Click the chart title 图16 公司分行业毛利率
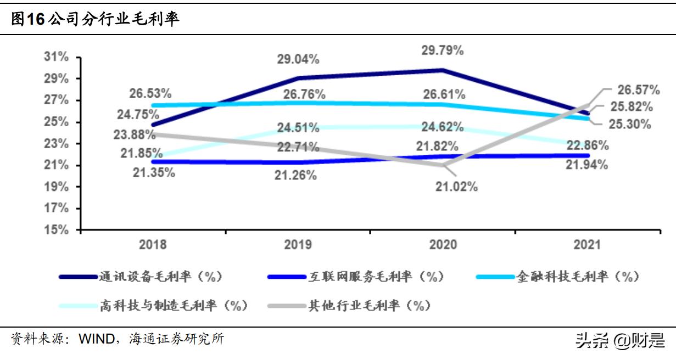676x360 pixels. point(96,20)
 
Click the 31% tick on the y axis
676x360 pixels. point(57,57)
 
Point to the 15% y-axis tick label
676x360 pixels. point(57,230)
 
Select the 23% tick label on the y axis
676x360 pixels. point(57,144)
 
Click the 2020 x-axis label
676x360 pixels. point(443,244)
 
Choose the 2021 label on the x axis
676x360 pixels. point(588,244)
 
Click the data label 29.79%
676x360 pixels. point(443,50)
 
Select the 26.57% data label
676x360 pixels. point(638,89)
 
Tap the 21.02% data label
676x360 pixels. point(456,187)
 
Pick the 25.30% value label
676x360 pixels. point(630,124)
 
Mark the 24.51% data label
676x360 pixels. point(298,128)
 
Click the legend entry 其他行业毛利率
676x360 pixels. point(368,305)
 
